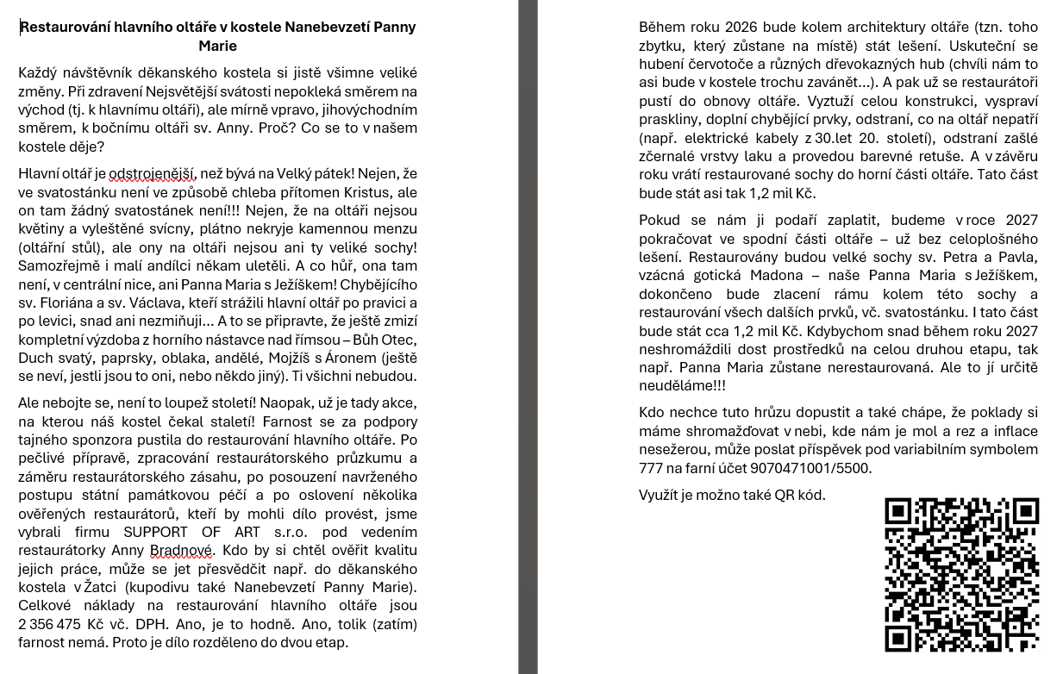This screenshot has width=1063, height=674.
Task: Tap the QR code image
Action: (961, 575)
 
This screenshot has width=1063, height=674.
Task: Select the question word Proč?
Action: (285, 128)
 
